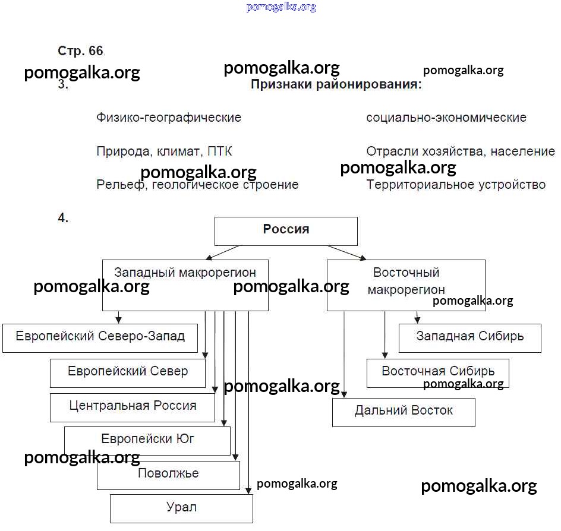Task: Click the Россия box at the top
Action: [x=286, y=230]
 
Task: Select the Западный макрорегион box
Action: [x=185, y=285]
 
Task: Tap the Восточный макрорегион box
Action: [x=406, y=285]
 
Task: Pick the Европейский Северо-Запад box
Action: [x=100, y=338]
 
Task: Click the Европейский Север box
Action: [x=128, y=373]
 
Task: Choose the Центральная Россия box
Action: [x=133, y=407]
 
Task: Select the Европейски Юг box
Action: [x=147, y=441]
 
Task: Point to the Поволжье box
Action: [x=168, y=475]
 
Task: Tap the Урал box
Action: [x=181, y=508]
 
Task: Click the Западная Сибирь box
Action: [x=469, y=337]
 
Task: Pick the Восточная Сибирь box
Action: [x=437, y=372]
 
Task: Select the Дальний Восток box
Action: [x=404, y=412]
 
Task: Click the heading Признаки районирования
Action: [x=336, y=84]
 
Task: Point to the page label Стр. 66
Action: [x=81, y=50]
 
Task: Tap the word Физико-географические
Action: [x=169, y=118]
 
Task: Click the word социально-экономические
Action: [x=446, y=118]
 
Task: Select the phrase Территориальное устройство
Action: [x=456, y=185]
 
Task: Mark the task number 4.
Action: [x=63, y=218]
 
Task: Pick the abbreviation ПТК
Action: [x=220, y=151]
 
